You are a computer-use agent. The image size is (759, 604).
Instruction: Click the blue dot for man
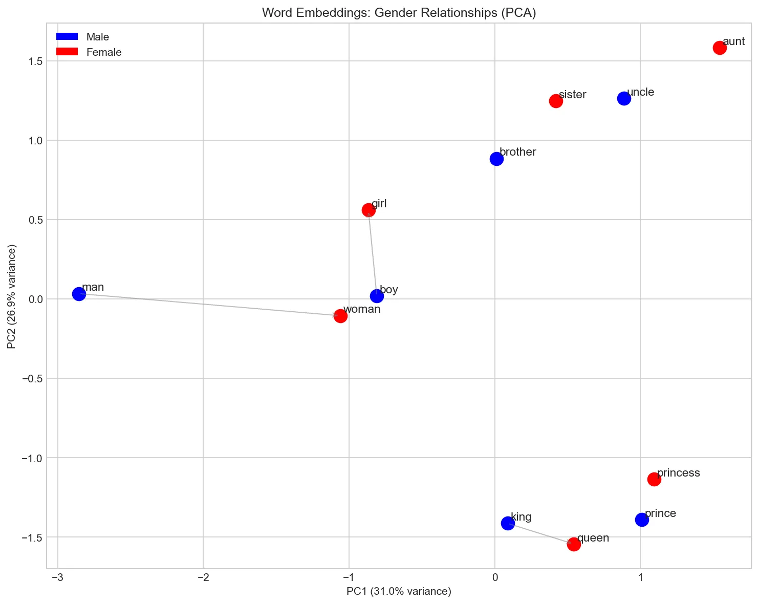(x=79, y=294)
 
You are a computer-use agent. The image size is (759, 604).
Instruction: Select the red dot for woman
(x=340, y=316)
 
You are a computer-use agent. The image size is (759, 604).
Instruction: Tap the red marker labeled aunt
(x=720, y=48)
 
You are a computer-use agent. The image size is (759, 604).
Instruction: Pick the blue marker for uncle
(x=624, y=98)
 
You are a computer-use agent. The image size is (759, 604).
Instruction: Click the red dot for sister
(x=556, y=101)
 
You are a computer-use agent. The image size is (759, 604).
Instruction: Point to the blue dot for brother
(x=496, y=159)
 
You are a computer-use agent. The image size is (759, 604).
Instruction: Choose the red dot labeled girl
(x=368, y=210)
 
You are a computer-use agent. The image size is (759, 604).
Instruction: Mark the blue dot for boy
(x=377, y=296)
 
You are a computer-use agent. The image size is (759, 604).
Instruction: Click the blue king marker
(x=508, y=523)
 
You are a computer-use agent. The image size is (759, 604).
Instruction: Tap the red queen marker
(x=574, y=544)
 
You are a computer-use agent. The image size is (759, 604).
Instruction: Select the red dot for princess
(x=654, y=479)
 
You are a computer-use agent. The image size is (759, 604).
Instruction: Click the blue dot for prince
(x=642, y=520)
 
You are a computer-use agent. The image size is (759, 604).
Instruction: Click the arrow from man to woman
(x=210, y=305)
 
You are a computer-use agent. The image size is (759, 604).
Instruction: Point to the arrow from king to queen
(x=540, y=533)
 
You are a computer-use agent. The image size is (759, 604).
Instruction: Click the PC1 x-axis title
(x=399, y=592)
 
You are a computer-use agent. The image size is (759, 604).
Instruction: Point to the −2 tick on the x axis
(x=203, y=577)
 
